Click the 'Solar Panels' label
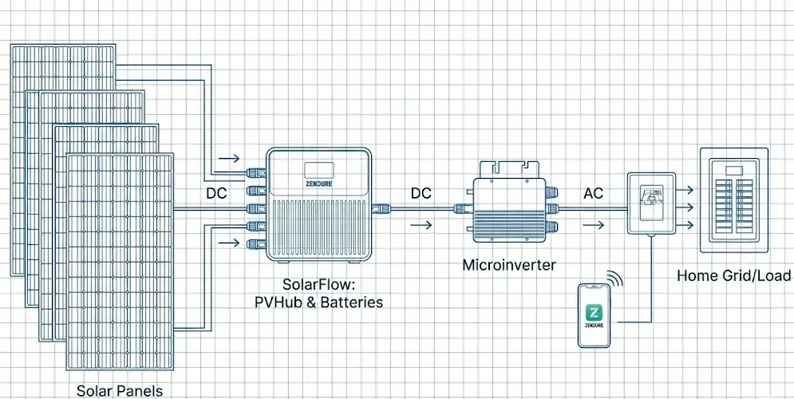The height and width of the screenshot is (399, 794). tap(120, 390)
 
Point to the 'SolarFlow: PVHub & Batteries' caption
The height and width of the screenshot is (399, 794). tap(333, 293)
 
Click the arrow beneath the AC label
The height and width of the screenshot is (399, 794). tap(593, 226)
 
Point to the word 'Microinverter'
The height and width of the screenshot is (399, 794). tap(510, 264)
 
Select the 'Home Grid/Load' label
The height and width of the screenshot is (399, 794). tap(733, 276)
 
